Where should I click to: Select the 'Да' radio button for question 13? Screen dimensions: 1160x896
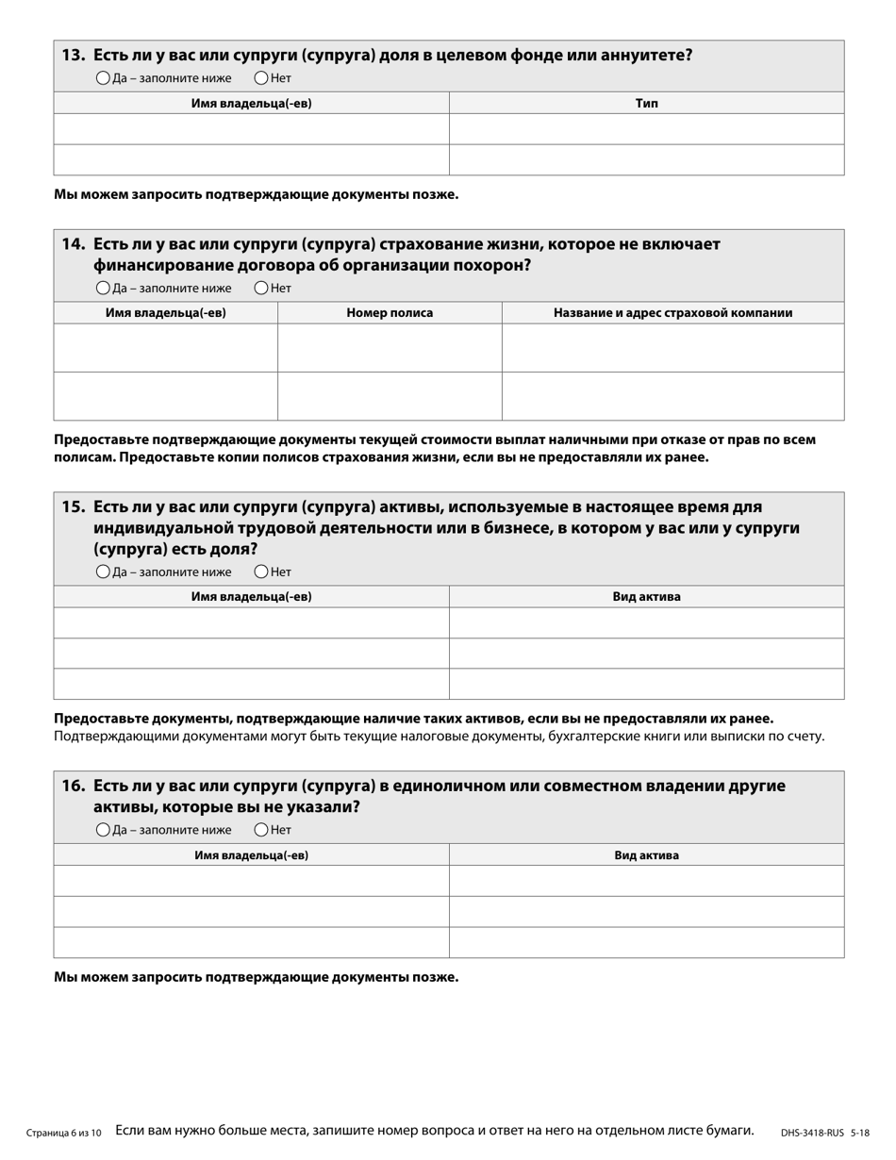pyautogui.click(x=103, y=78)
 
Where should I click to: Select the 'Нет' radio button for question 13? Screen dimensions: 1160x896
pyautogui.click(x=261, y=78)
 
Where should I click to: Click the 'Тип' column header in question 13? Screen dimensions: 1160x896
pyautogui.click(x=646, y=104)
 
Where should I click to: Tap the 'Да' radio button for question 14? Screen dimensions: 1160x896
pyautogui.click(x=103, y=289)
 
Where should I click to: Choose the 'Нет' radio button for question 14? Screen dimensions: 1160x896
pyautogui.click(x=261, y=289)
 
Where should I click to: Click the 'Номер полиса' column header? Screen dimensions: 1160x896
pyautogui.click(x=390, y=313)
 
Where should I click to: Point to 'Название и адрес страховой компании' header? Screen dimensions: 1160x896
pyautogui.click(x=672, y=313)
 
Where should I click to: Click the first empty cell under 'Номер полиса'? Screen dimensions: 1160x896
pyautogui.click(x=390, y=348)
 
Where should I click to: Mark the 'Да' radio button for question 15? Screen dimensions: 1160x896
pyautogui.click(x=103, y=572)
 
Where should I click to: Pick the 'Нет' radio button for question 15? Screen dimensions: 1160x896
pyautogui.click(x=261, y=572)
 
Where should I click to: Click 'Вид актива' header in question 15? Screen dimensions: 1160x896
pyautogui.click(x=646, y=597)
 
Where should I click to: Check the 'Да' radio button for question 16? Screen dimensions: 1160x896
pyautogui.click(x=103, y=830)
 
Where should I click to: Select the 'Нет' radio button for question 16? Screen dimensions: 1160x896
pyautogui.click(x=261, y=830)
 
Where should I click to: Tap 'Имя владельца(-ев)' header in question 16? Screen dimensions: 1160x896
pyautogui.click(x=251, y=855)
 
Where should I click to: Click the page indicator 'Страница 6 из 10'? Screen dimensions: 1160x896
pyautogui.click(x=64, y=1133)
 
